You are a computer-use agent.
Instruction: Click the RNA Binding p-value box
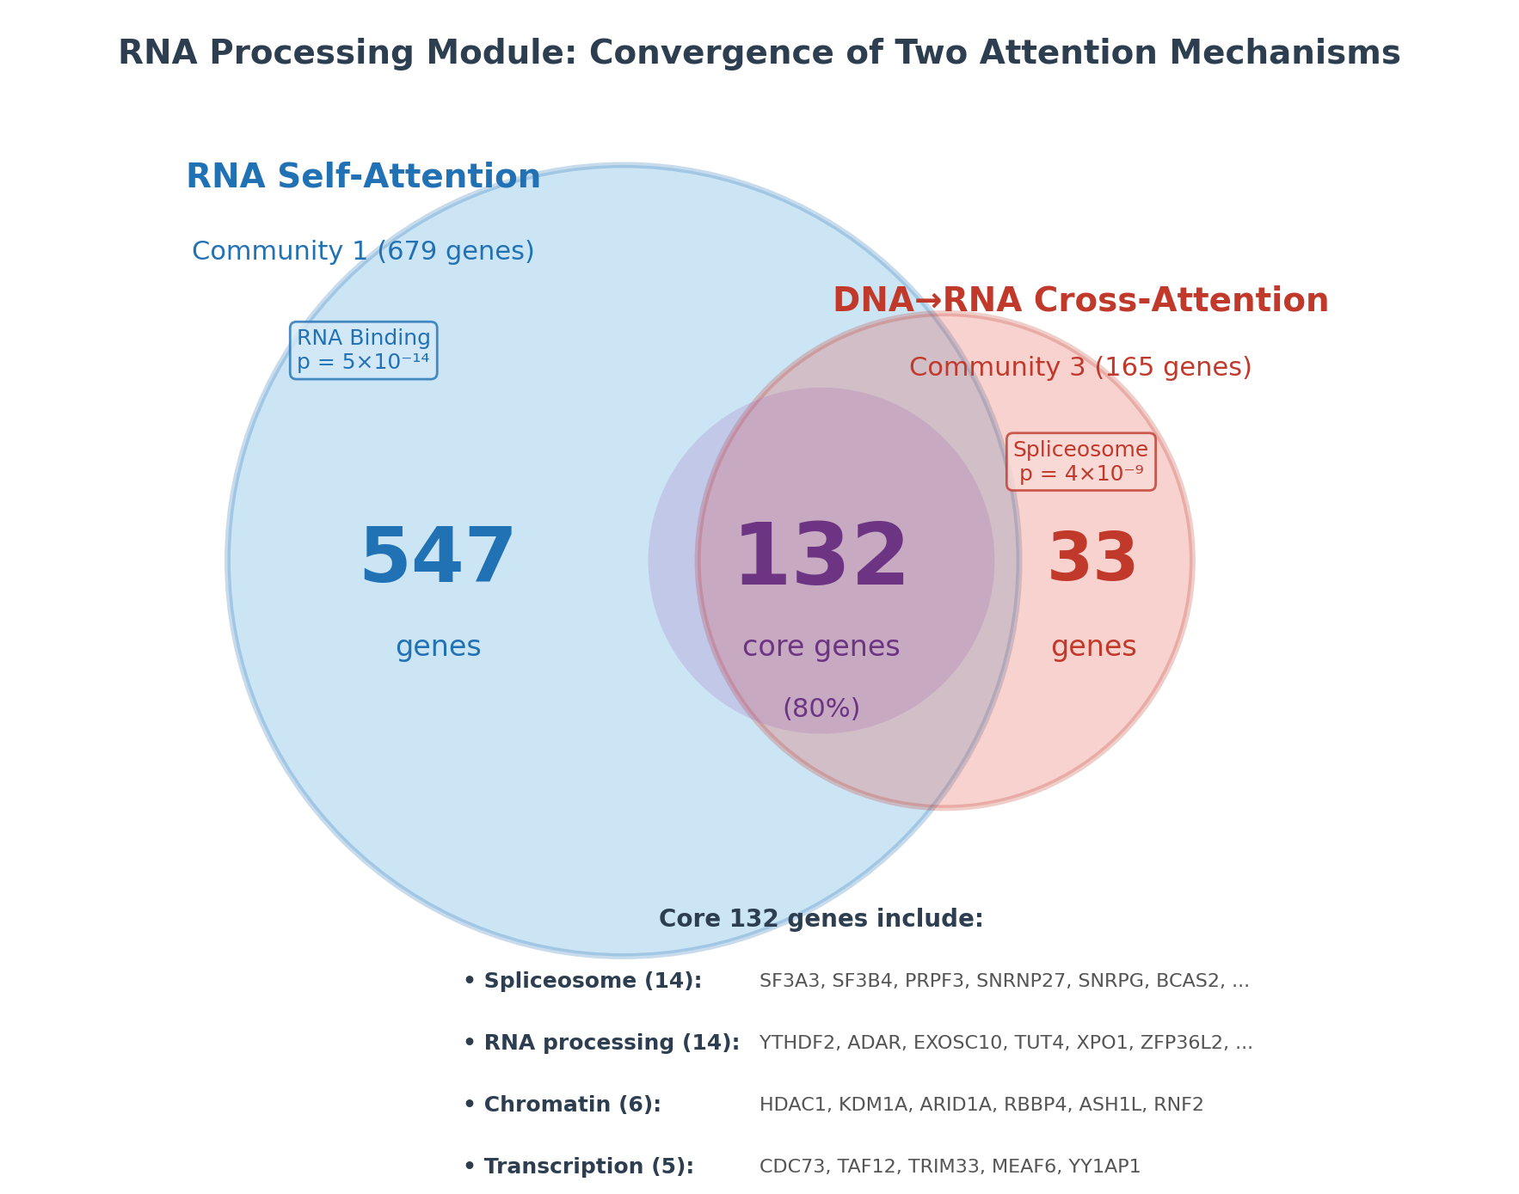pos(363,351)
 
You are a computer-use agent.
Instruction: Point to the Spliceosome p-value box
pos(1080,462)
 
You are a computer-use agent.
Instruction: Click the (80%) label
pos(821,709)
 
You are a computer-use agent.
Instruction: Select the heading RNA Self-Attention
pos(363,178)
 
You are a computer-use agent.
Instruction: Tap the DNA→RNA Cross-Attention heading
pos(1080,302)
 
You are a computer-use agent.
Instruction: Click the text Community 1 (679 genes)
pos(363,252)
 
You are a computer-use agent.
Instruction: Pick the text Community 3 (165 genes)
pos(1080,368)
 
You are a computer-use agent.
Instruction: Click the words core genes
pos(821,647)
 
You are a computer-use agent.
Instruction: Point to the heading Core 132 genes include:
pos(821,919)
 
